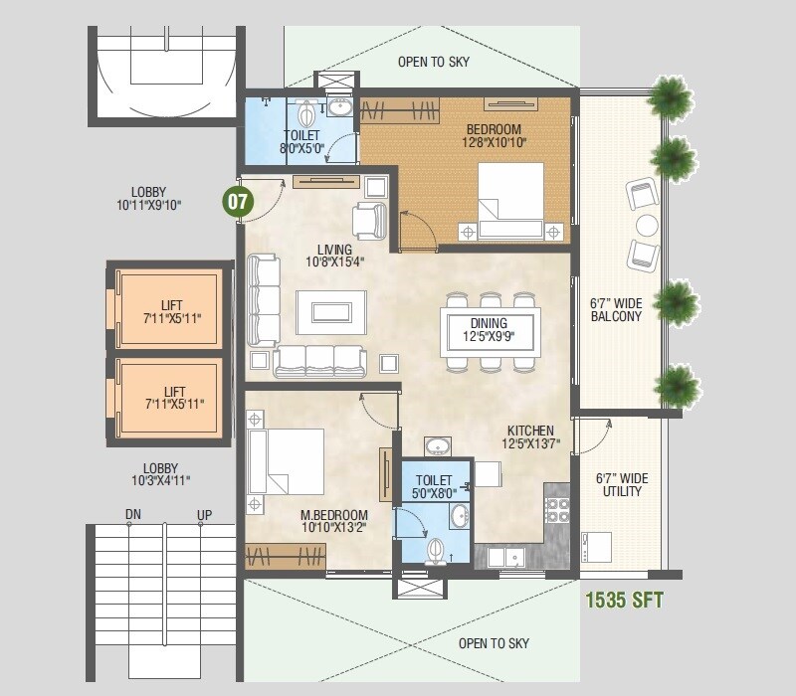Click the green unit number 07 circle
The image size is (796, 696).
pos(238,201)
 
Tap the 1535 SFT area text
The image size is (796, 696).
pos(624,601)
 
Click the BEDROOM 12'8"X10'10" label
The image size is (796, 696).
pos(494,136)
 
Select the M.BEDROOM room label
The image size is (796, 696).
pos(333,521)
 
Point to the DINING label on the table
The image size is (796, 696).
pos(490,330)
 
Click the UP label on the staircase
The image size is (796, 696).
pos(204,515)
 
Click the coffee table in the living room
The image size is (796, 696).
pos(330,306)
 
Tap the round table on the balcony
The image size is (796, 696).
pos(648,225)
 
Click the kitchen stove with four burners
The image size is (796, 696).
pos(556,511)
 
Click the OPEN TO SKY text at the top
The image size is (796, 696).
pos(434,62)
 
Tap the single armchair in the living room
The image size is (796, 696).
pos(369,220)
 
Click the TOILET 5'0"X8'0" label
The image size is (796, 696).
pos(433,487)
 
